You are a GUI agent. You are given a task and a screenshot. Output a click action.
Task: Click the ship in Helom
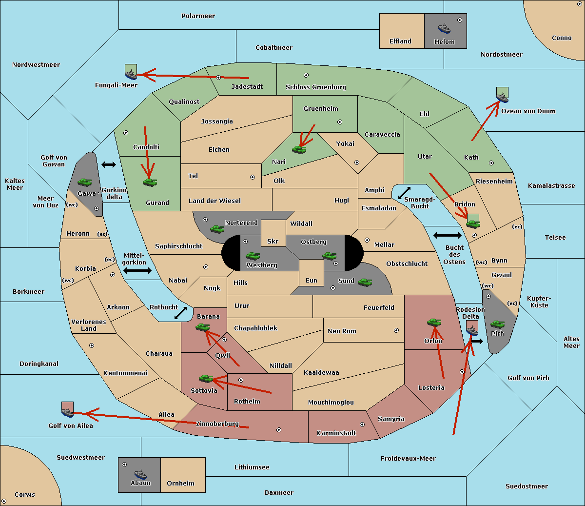point(444,28)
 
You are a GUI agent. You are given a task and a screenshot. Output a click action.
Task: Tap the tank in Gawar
point(85,182)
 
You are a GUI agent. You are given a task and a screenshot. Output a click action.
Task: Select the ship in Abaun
point(140,474)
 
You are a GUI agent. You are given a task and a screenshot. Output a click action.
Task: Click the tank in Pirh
point(497,324)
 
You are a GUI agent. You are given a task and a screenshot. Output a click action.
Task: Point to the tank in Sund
point(365,282)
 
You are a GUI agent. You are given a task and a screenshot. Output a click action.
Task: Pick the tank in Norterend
point(217,229)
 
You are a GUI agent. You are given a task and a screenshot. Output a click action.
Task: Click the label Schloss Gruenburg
point(316,87)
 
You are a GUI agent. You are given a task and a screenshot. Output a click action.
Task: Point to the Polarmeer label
point(198,16)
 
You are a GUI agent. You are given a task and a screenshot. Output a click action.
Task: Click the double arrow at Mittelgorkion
point(137,270)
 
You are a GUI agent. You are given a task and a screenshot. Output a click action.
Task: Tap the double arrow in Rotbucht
point(180,313)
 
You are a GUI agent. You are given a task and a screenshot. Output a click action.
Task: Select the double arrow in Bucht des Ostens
point(448,235)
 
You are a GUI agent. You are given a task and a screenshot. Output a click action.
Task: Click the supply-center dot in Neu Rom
point(396,330)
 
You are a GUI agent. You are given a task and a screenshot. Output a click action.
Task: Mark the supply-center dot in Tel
point(253,177)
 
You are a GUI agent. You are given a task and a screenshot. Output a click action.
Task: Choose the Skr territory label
point(273,241)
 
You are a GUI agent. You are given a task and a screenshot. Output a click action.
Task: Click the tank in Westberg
point(253,256)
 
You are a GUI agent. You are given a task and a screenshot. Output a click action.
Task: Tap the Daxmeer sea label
point(279,492)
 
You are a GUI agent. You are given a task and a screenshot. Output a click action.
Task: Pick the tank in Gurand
point(150,182)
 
